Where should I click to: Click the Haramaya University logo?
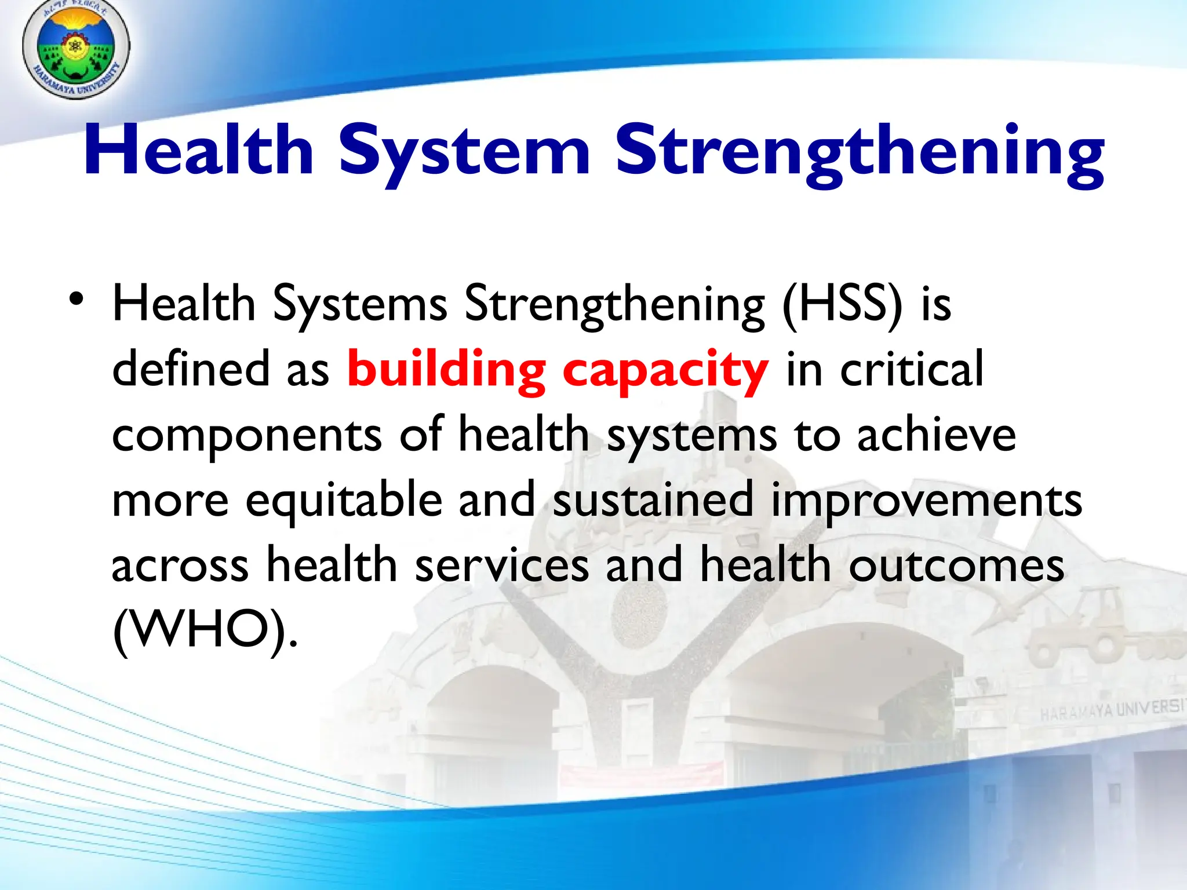coord(75,49)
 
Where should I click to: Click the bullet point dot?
coord(76,300)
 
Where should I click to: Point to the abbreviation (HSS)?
coord(842,304)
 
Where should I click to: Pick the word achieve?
coord(936,435)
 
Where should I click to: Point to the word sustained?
coord(653,499)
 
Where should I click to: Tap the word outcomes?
coord(956,566)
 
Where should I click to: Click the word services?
coord(502,566)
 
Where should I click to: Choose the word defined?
coord(191,369)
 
